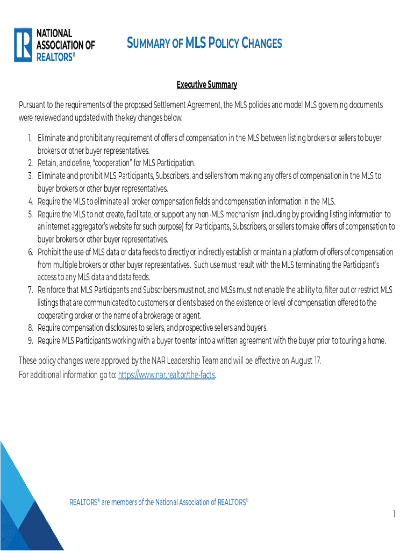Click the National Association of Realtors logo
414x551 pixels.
point(54,45)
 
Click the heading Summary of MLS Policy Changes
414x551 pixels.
point(204,43)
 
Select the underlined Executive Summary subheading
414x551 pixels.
point(207,85)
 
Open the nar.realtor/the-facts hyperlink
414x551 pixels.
point(166,376)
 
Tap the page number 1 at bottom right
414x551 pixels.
point(394,515)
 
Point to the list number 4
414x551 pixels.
point(30,202)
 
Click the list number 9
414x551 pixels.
point(30,341)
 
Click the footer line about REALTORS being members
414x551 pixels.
point(159,503)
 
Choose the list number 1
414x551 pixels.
point(30,138)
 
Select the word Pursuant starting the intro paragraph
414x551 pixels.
point(34,105)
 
